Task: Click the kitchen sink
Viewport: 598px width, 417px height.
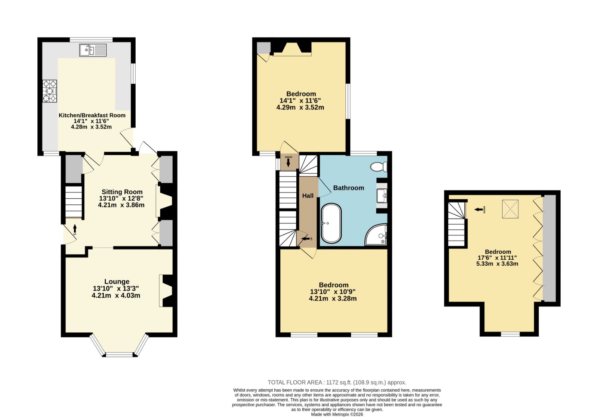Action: (93, 50)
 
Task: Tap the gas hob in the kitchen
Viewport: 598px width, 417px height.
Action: (50, 91)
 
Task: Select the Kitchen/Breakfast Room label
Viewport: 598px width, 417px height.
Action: (92, 115)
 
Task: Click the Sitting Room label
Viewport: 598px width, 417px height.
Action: (122, 192)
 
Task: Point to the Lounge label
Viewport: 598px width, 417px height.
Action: (117, 281)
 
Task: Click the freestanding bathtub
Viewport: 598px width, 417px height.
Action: (331, 224)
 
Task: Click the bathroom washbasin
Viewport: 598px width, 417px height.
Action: (382, 196)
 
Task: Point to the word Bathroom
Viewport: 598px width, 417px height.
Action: (348, 188)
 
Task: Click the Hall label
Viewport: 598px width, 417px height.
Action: (308, 196)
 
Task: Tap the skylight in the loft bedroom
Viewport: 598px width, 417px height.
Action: (510, 209)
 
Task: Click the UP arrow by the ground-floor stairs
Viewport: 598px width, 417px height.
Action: (75, 228)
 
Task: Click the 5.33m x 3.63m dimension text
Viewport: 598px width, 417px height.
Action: (497, 264)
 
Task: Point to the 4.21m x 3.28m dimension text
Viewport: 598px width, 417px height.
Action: (333, 299)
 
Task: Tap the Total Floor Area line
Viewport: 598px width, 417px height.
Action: (337, 382)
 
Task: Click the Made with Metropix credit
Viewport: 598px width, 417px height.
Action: (337, 414)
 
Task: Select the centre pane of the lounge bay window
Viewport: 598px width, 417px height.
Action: (119, 355)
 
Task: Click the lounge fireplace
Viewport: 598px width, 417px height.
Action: (166, 291)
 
